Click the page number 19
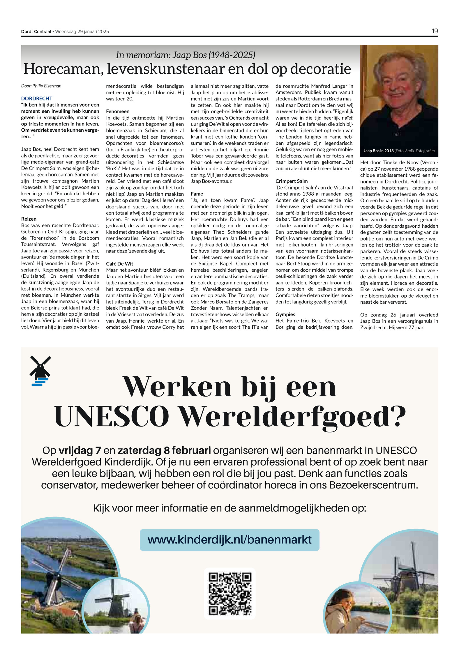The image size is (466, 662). click(435, 31)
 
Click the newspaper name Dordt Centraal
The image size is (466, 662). click(36, 32)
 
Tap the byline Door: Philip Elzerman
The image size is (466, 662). click(41, 86)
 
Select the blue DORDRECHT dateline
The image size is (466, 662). click(37, 98)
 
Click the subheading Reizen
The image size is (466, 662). click(29, 219)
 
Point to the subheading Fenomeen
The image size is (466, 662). click(118, 111)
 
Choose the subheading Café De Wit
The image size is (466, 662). click(119, 263)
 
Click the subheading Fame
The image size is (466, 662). click(197, 194)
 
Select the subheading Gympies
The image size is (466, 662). click(285, 314)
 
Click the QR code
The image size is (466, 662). click(230, 593)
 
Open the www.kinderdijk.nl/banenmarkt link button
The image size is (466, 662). click(230, 540)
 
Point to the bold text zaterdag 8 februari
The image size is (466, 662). click(164, 450)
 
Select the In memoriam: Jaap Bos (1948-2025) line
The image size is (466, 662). click(186, 55)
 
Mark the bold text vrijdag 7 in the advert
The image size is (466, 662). click(80, 450)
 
